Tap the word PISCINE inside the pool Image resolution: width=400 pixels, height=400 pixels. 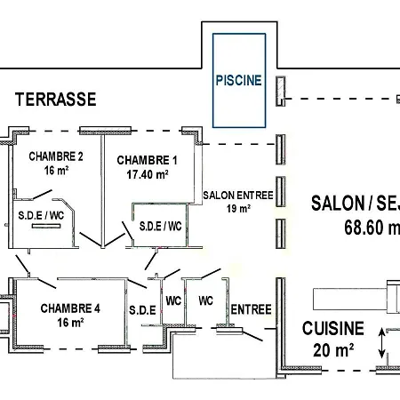tap(238, 80)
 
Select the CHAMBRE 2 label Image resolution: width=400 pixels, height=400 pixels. tap(55, 156)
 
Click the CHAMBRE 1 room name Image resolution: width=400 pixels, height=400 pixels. tap(147, 160)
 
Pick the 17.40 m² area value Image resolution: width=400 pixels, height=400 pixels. tap(147, 174)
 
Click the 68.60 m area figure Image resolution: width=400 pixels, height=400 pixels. tap(371, 228)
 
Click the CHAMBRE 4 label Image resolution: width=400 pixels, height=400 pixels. tap(70, 308)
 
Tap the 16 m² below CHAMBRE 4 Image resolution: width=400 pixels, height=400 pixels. tap(69, 323)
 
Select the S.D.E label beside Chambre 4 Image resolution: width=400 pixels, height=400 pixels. tap(141, 309)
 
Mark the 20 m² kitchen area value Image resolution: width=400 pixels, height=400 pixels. tap(333, 349)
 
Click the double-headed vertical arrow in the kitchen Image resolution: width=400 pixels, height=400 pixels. tap(382, 343)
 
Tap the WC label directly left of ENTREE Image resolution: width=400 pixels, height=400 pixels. tap(205, 300)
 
